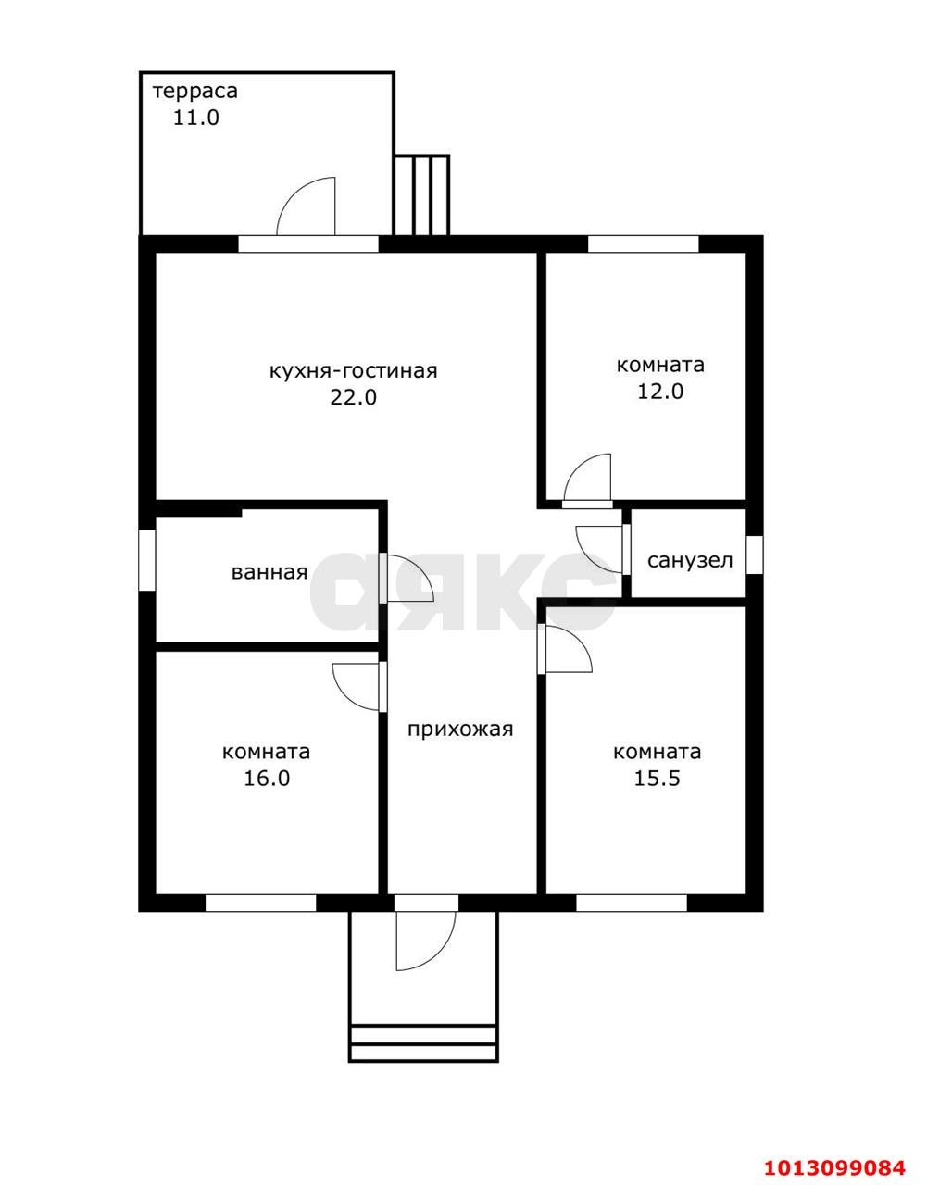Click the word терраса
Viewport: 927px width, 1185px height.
[x=195, y=92]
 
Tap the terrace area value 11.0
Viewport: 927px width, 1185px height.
[x=196, y=118]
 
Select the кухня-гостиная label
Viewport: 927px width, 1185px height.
[x=354, y=371]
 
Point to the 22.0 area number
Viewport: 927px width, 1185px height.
[x=354, y=397]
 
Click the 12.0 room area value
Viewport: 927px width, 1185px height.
[x=660, y=392]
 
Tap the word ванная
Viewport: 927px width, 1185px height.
[x=269, y=572]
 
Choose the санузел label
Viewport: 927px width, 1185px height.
[x=690, y=561]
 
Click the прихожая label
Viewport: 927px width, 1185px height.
[x=461, y=729]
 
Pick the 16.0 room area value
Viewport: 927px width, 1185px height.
[x=267, y=779]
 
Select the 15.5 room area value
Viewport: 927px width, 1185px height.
[x=658, y=779]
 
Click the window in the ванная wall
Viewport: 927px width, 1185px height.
[x=146, y=560]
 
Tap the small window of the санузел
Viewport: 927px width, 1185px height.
[x=754, y=555]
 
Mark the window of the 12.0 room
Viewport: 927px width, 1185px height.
[x=644, y=244]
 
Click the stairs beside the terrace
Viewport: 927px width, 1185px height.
[x=421, y=195]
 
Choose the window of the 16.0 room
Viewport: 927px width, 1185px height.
[x=260, y=903]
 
